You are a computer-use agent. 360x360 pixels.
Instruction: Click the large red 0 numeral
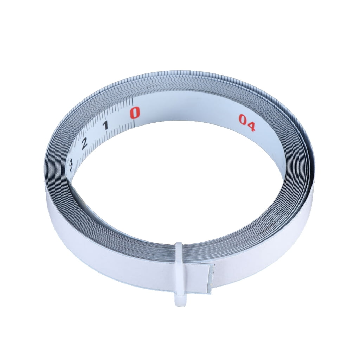(x=135, y=113)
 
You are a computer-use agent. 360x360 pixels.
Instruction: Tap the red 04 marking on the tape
(x=247, y=123)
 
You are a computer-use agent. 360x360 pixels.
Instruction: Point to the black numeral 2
(x=84, y=143)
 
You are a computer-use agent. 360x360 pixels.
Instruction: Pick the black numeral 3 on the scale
(x=71, y=164)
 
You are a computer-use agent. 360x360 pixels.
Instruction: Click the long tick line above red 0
(x=133, y=102)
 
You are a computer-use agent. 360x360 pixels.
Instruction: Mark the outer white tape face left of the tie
(x=105, y=253)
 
